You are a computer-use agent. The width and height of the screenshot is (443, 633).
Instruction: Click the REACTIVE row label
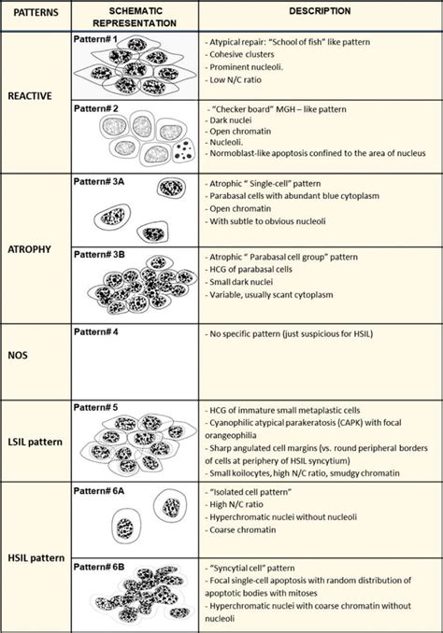[31, 94]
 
